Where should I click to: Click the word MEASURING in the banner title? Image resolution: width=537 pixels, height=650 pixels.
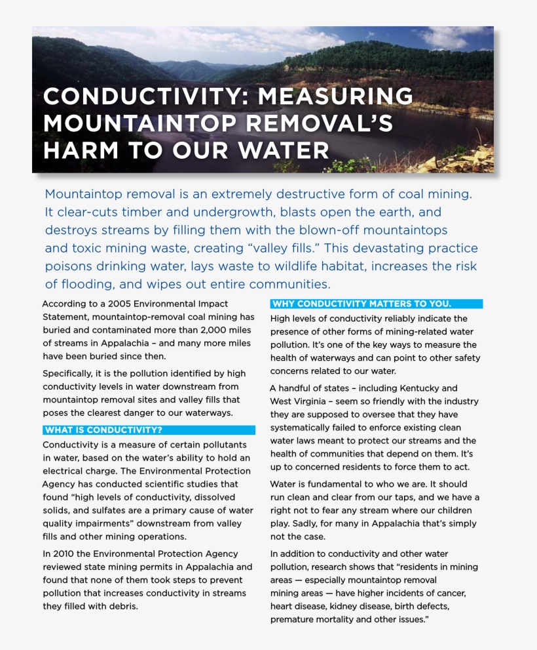335,96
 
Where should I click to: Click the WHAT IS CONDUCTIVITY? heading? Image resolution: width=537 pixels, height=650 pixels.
103,430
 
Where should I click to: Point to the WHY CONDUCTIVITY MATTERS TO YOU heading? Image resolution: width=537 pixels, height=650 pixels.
361,304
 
